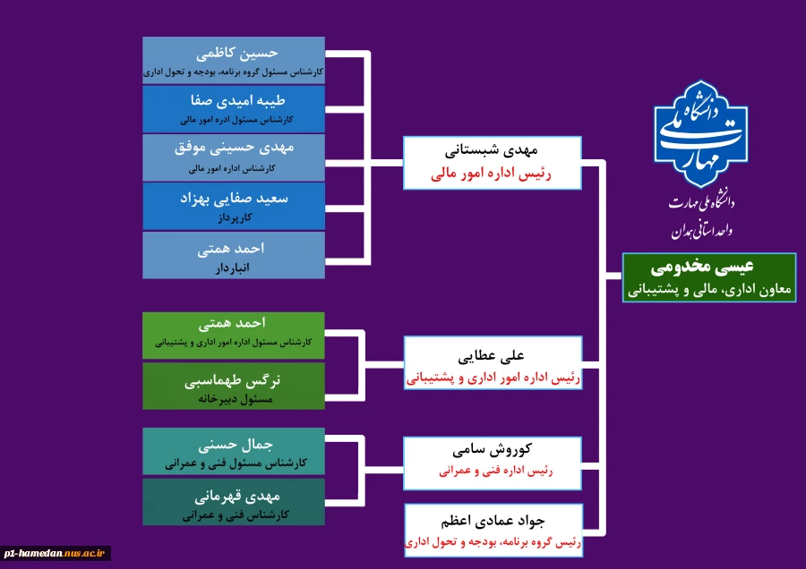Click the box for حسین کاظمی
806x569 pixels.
coord(234,60)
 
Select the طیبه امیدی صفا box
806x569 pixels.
coord(234,108)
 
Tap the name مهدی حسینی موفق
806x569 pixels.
coord(234,148)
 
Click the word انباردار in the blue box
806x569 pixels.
coord(233,267)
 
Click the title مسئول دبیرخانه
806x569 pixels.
coord(234,400)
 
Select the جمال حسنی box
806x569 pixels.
coord(233,452)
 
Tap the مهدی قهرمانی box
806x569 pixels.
coord(233,502)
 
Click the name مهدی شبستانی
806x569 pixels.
coord(493,151)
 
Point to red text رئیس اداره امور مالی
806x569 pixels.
coord(492,174)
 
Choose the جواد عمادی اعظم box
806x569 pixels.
coord(493,531)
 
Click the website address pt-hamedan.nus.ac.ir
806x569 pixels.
coord(56,554)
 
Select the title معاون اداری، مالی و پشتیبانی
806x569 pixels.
coord(710,290)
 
